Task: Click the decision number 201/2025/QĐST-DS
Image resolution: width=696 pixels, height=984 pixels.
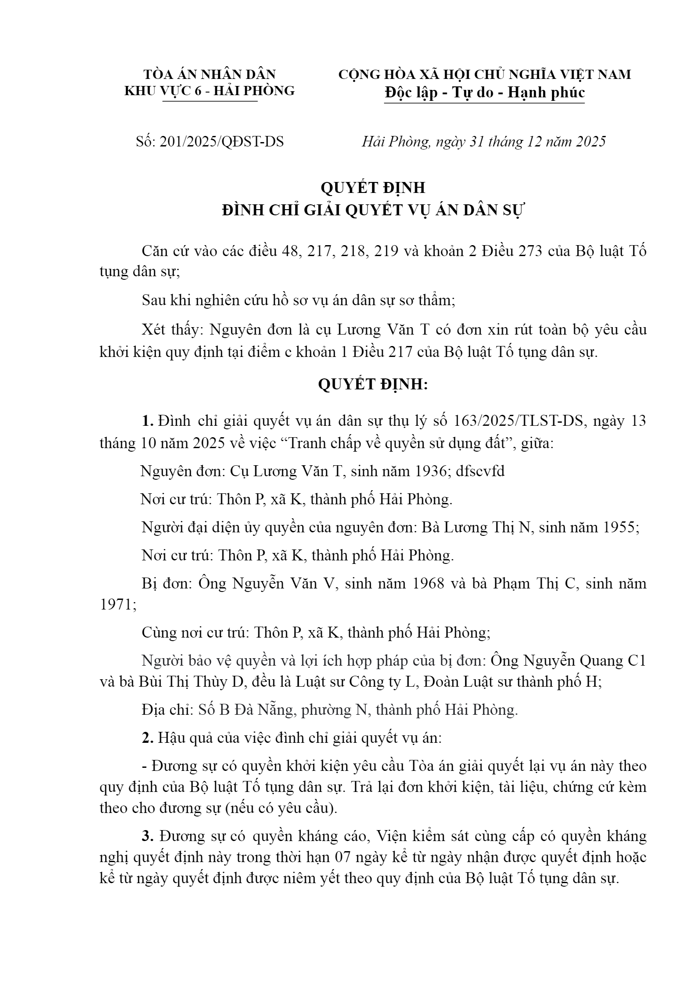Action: click(222, 142)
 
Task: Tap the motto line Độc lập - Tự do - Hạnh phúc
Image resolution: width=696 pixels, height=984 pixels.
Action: click(484, 93)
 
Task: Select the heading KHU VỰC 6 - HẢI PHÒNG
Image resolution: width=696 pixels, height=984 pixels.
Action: click(210, 91)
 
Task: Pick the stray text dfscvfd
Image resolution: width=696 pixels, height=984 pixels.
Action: click(480, 471)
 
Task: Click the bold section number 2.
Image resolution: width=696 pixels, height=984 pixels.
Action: click(147, 738)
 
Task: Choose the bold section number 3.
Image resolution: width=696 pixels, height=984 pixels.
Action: click(147, 836)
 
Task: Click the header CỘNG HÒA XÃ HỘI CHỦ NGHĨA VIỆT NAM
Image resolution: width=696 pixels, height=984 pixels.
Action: click(484, 74)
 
